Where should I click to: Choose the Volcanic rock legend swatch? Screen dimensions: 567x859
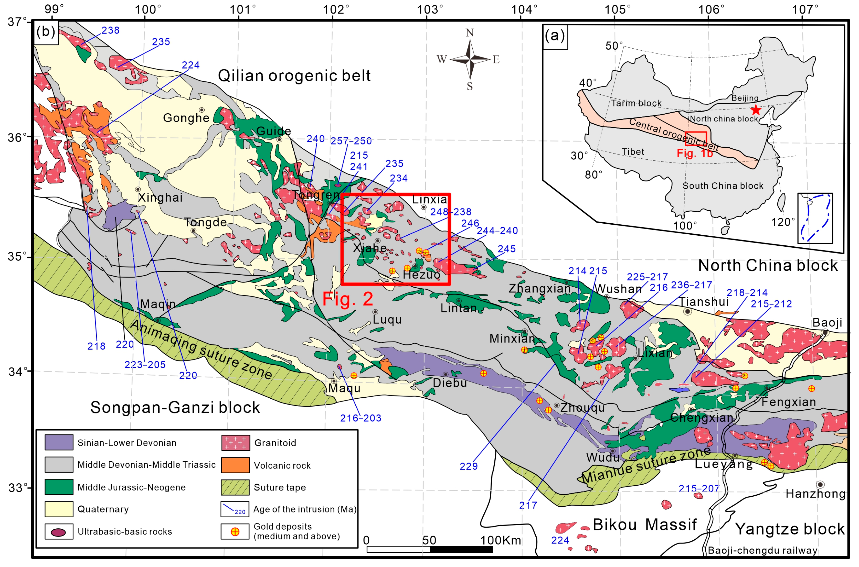tap(235, 465)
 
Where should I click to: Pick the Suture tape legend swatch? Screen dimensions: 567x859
tap(235, 487)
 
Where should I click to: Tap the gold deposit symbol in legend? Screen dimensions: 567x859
tap(235, 532)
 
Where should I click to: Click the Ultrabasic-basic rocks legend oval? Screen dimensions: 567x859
tap(59, 532)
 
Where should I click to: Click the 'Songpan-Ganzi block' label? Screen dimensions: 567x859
tap(175, 408)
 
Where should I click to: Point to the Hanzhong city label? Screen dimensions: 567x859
tap(815, 494)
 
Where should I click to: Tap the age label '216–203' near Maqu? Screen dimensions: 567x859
tap(360, 418)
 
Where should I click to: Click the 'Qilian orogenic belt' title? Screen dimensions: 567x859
tap(294, 75)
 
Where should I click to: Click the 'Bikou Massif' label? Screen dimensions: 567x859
tap(644, 524)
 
